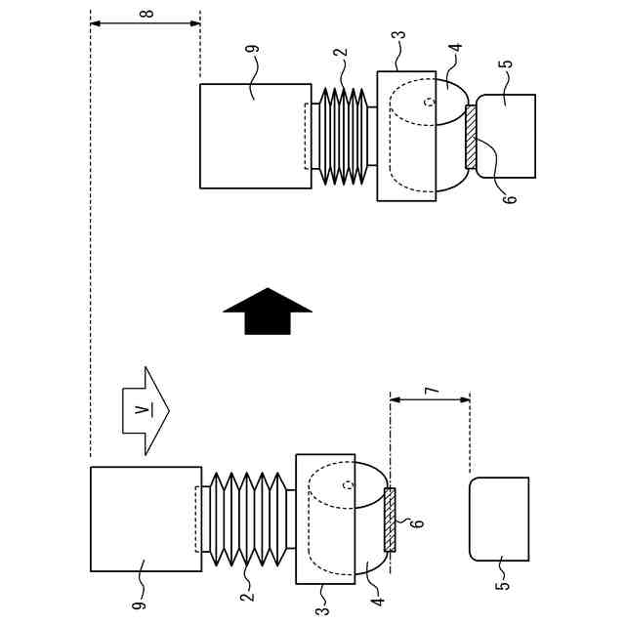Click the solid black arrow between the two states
tap(268, 311)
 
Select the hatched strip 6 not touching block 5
tap(392, 520)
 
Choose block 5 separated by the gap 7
tap(499, 519)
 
